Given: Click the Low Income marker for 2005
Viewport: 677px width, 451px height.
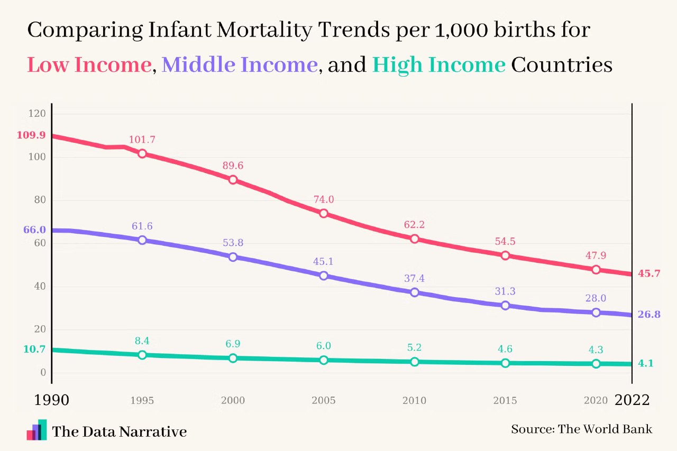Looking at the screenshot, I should [x=324, y=213].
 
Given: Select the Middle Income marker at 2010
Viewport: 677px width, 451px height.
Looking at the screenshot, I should [x=415, y=292].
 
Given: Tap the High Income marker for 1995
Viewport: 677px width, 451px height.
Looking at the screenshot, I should [x=142, y=355].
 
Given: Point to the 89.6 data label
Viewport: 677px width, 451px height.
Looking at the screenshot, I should [x=233, y=166].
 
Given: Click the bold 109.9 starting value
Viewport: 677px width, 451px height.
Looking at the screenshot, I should [x=31, y=135].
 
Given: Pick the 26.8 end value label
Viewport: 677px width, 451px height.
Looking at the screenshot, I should [x=649, y=315].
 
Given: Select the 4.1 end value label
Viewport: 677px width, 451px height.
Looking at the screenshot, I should [x=646, y=363].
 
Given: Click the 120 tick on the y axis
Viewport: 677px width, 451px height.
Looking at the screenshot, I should [x=41, y=114].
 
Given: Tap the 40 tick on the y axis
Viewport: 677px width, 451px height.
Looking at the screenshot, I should [x=41, y=287].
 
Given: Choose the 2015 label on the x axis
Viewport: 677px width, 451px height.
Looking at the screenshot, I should [x=505, y=401].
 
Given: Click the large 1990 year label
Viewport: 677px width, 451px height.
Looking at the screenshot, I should [x=51, y=400].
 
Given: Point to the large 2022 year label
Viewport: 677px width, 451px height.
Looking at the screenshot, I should [x=632, y=400].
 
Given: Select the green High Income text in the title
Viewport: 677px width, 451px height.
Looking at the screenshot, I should [x=438, y=65].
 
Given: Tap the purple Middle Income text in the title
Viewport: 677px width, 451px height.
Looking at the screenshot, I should [x=240, y=65].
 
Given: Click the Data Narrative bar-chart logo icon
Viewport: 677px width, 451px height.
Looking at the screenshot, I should [x=36, y=430].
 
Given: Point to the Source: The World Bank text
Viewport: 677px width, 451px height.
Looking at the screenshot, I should [x=581, y=429].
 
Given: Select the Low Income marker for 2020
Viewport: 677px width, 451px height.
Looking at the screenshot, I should [x=596, y=270].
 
